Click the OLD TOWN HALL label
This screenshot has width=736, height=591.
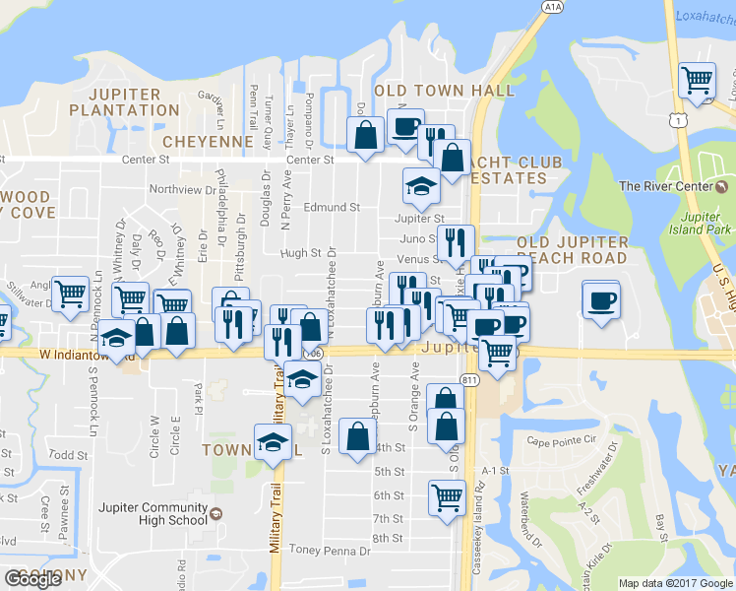click(451, 91)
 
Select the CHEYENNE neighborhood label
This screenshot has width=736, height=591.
click(208, 142)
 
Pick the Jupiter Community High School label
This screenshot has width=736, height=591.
click(150, 513)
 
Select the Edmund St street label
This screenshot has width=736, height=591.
click(333, 208)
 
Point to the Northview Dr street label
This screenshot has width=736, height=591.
click(183, 190)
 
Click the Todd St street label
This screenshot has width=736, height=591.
click(69, 455)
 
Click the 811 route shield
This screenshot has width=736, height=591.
click(469, 380)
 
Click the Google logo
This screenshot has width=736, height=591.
click(32, 579)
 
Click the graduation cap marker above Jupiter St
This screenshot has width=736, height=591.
click(420, 187)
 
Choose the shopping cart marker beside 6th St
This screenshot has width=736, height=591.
click(446, 497)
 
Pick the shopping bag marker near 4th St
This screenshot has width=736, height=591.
click(357, 436)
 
